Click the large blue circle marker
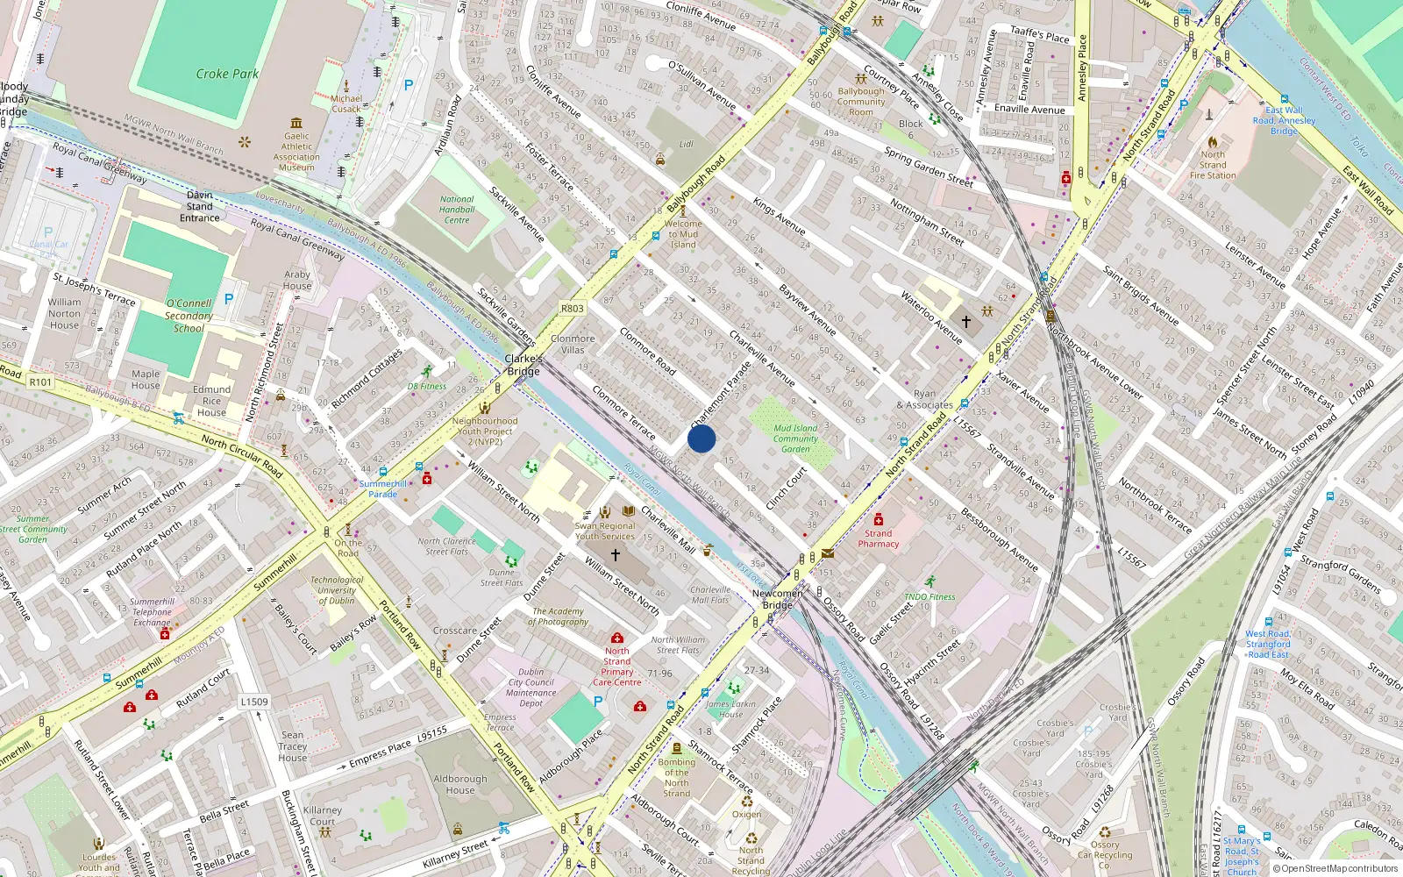[701, 438]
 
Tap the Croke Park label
[227, 75]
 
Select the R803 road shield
[573, 309]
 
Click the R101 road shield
[40, 381]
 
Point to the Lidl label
[686, 144]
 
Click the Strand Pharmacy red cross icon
[879, 519]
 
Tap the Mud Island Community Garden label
[795, 438]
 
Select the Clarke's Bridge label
[523, 365]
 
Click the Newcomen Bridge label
[778, 599]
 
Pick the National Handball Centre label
[457, 210]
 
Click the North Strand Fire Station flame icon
[1213, 142]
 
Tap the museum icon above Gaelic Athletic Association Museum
[296, 123]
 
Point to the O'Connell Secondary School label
[189, 316]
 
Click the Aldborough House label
[459, 784]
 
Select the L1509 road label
[254, 702]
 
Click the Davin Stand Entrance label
[200, 206]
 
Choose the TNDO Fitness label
[929, 596]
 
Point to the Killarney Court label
[323, 816]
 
